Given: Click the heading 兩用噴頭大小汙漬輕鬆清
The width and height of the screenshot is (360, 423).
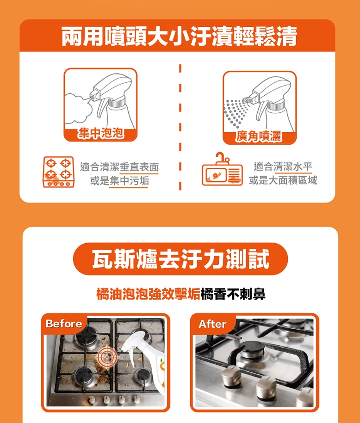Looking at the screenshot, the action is click(180, 36).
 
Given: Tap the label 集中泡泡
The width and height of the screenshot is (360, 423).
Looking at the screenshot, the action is click(100, 133).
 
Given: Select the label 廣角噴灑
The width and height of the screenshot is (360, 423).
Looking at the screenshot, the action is click(259, 136).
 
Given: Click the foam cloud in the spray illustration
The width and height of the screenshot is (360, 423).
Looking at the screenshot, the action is click(78, 108).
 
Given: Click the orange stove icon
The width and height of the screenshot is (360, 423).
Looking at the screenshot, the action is click(59, 172).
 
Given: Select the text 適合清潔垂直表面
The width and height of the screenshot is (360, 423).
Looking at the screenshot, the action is click(119, 167).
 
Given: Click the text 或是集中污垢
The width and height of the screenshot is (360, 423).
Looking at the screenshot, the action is click(119, 180).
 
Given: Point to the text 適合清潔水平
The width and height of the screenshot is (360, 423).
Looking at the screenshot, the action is click(283, 166).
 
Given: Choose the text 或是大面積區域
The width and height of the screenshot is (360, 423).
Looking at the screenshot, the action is click(283, 180).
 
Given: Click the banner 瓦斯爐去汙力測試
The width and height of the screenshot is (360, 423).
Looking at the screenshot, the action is click(180, 259).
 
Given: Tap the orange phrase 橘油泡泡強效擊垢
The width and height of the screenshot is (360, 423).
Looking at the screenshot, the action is click(148, 294).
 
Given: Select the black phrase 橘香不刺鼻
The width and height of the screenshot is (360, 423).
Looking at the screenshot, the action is click(233, 294).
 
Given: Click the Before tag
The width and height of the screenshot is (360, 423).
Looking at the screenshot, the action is click(64, 324).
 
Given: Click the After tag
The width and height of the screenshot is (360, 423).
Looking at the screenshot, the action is click(212, 324).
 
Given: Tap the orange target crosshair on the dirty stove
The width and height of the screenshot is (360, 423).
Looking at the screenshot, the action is click(107, 357).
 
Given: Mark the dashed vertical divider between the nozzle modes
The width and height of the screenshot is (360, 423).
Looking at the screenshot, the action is click(180, 127).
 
